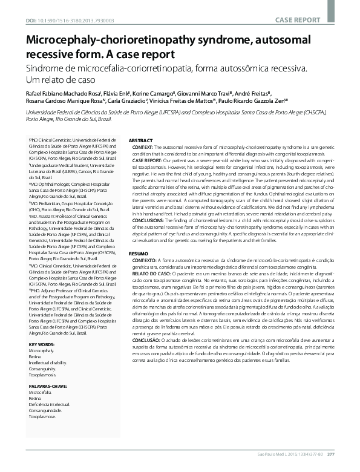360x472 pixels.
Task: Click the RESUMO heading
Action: [x=139, y=253]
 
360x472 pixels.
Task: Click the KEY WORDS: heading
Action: [x=41, y=328]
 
